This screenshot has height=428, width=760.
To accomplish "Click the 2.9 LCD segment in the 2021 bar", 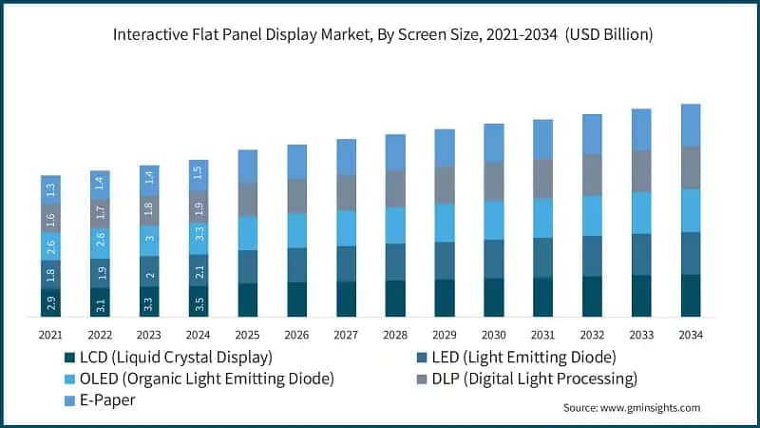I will (x=50, y=302).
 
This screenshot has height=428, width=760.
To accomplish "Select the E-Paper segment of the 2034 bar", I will (x=691, y=125).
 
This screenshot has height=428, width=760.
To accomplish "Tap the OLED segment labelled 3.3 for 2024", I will (x=199, y=231).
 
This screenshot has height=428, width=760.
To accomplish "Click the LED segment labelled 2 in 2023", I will (x=149, y=271).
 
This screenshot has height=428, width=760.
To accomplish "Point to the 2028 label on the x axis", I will (x=395, y=335).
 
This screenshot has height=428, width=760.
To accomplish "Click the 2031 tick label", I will (x=542, y=335).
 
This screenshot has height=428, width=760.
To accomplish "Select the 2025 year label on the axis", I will (x=247, y=335).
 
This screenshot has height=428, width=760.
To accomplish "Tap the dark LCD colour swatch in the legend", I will (x=68, y=358).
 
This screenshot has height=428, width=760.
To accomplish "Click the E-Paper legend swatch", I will (x=68, y=400).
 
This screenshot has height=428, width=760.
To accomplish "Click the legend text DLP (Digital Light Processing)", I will (x=537, y=379).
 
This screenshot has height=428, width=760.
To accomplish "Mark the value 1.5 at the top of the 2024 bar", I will (x=199, y=172).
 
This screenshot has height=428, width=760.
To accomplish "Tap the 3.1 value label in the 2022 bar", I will (x=100, y=303).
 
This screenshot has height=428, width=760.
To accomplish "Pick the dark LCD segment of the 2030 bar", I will (x=494, y=297).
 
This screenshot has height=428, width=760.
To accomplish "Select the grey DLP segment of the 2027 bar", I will (x=346, y=192).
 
